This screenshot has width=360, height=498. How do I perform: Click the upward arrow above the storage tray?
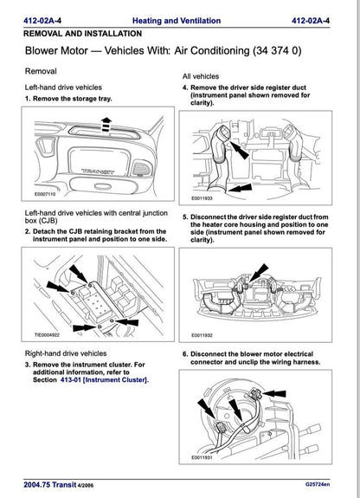[105, 128]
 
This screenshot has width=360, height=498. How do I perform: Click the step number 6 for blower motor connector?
[184, 353]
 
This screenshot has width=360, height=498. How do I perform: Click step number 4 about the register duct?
[184, 88]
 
